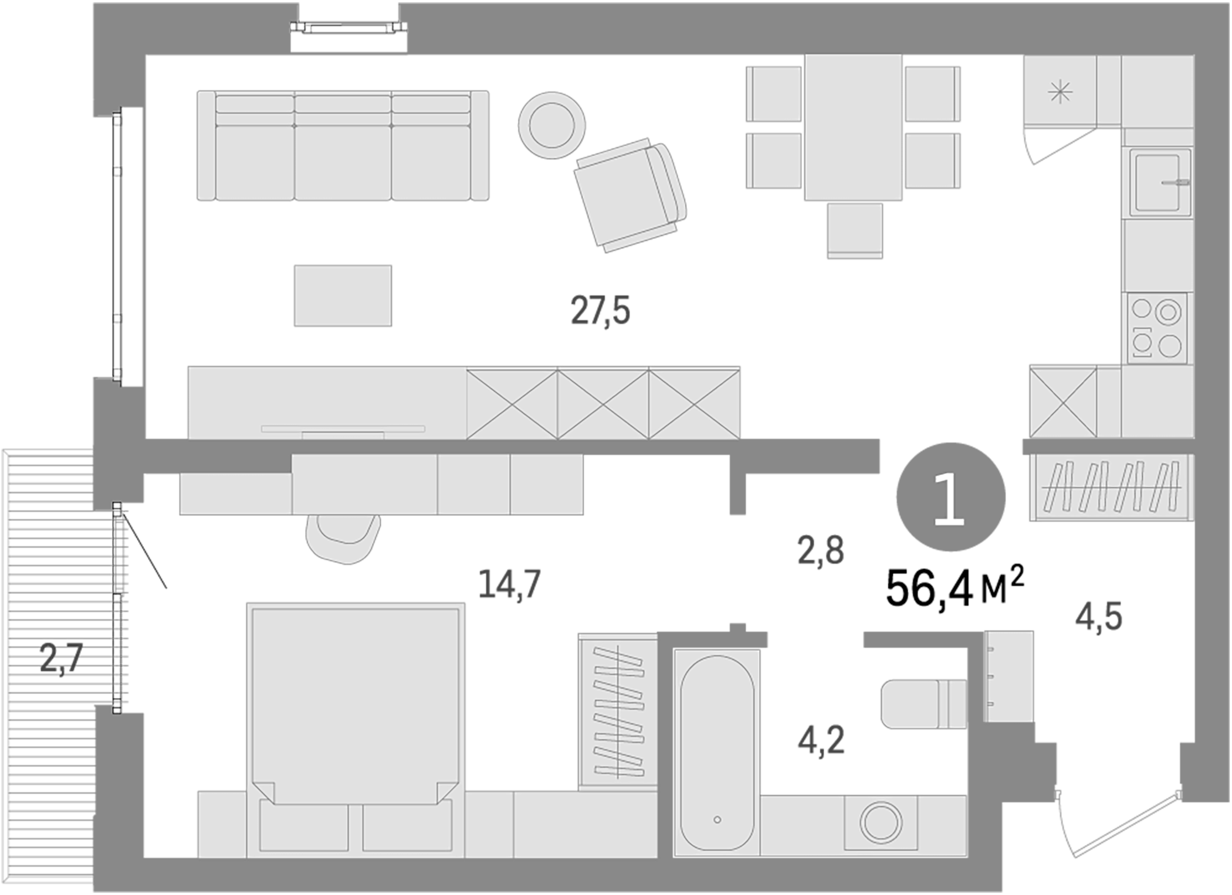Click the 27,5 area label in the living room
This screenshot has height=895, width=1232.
(600, 311)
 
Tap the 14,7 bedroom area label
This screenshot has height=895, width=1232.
(509, 584)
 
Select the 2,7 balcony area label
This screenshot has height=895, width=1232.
(61, 658)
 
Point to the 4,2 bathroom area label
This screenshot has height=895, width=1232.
(821, 740)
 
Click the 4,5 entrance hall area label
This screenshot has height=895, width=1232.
(1098, 617)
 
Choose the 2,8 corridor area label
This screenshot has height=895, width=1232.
(820, 551)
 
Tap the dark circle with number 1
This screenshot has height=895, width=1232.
(950, 497)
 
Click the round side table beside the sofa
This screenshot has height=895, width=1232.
(551, 125)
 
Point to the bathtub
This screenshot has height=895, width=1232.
(717, 753)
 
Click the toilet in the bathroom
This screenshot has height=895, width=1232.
(923, 704)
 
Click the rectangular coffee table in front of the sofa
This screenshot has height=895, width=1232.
(343, 295)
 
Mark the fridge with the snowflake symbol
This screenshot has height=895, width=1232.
(1060, 92)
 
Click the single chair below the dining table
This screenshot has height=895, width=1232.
(855, 230)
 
